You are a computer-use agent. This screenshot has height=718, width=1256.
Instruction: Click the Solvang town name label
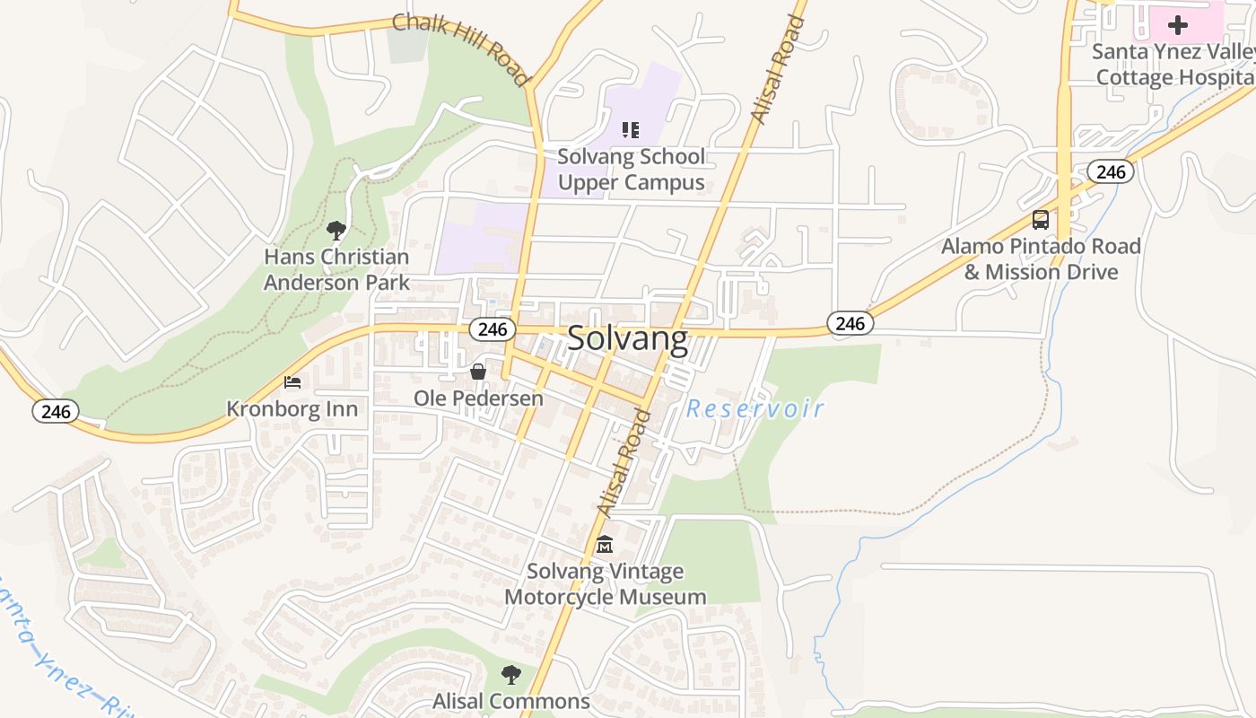(x=628, y=338)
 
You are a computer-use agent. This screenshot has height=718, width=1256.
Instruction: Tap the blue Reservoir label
(x=754, y=409)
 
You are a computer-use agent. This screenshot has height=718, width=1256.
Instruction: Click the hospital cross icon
(x=1177, y=25)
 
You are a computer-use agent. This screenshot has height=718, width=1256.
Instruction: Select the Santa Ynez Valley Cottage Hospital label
(x=1173, y=65)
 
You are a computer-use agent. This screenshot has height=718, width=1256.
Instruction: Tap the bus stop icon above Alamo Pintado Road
(x=1041, y=219)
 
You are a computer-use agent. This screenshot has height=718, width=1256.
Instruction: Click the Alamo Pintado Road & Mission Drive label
(x=1041, y=258)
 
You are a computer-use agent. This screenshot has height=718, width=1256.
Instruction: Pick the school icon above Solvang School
(x=631, y=130)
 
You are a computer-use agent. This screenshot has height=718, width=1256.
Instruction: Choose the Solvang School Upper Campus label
(x=631, y=170)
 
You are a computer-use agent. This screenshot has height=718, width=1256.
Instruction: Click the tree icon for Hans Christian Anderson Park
(x=336, y=231)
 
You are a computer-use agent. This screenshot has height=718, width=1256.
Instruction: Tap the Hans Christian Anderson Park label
(x=336, y=269)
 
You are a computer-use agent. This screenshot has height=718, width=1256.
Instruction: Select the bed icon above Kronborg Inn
(x=292, y=382)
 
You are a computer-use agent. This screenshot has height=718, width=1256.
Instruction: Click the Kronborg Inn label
(x=292, y=409)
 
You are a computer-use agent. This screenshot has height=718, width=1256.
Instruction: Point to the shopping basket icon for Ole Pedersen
(x=478, y=371)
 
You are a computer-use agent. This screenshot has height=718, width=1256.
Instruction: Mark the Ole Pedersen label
(x=478, y=398)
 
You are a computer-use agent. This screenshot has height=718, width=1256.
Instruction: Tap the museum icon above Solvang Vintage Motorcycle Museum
(x=605, y=545)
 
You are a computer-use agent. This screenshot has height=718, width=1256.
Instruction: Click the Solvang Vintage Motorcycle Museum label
(x=605, y=584)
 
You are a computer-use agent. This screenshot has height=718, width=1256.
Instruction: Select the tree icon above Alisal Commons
(x=511, y=674)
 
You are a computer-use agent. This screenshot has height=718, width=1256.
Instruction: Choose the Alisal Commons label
(x=511, y=701)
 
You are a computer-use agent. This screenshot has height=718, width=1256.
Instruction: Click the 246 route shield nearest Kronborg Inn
(x=56, y=412)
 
